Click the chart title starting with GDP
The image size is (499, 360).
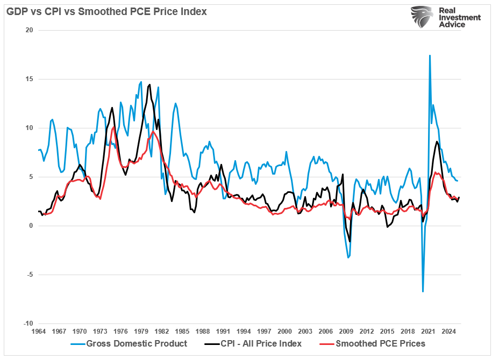point(106,11)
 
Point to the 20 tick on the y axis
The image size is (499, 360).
point(30,30)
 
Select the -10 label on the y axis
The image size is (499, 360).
point(28,324)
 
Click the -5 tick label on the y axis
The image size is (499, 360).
point(30,275)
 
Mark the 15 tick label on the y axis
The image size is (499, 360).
point(30,79)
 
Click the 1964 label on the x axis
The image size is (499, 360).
point(38,332)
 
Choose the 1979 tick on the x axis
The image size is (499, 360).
point(141,332)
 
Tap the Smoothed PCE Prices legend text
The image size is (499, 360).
point(380,344)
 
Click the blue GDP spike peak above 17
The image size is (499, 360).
point(429,55)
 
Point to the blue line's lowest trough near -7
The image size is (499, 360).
point(423,291)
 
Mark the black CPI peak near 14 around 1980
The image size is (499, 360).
point(149,84)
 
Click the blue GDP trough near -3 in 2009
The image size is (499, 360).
point(348,257)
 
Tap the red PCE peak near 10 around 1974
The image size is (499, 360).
point(112,128)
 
